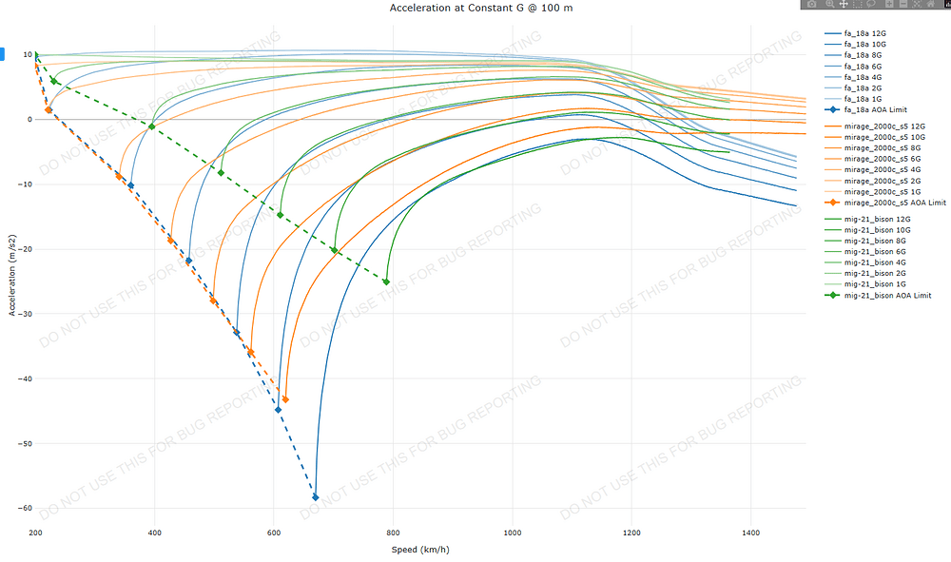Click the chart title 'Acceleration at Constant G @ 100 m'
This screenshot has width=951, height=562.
(x=480, y=8)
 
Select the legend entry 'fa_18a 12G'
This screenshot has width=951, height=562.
(x=865, y=33)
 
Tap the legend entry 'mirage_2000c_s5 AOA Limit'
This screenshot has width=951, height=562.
(x=895, y=203)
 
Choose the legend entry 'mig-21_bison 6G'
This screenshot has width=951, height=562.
(x=870, y=251)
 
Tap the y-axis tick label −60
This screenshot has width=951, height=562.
(x=23, y=508)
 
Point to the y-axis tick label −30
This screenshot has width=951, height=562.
(x=23, y=314)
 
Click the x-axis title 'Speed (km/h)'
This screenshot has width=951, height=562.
(x=421, y=550)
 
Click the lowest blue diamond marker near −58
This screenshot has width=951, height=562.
(x=316, y=497)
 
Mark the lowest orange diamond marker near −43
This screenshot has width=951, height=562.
(x=285, y=399)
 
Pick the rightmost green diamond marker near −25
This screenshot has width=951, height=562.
(x=386, y=281)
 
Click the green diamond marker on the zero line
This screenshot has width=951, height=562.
(x=152, y=126)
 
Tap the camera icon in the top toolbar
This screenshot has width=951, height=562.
(x=811, y=5)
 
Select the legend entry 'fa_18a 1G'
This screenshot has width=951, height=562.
(x=864, y=98)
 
